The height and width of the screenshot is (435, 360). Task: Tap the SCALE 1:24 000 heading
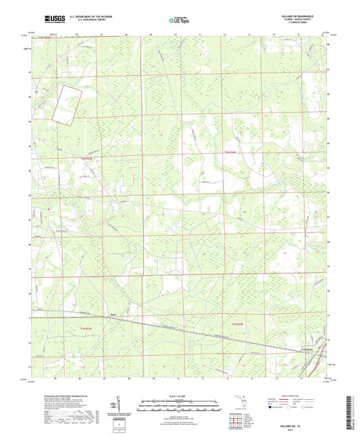coord(180,394)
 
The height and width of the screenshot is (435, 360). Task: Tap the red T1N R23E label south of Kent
coord(79,326)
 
